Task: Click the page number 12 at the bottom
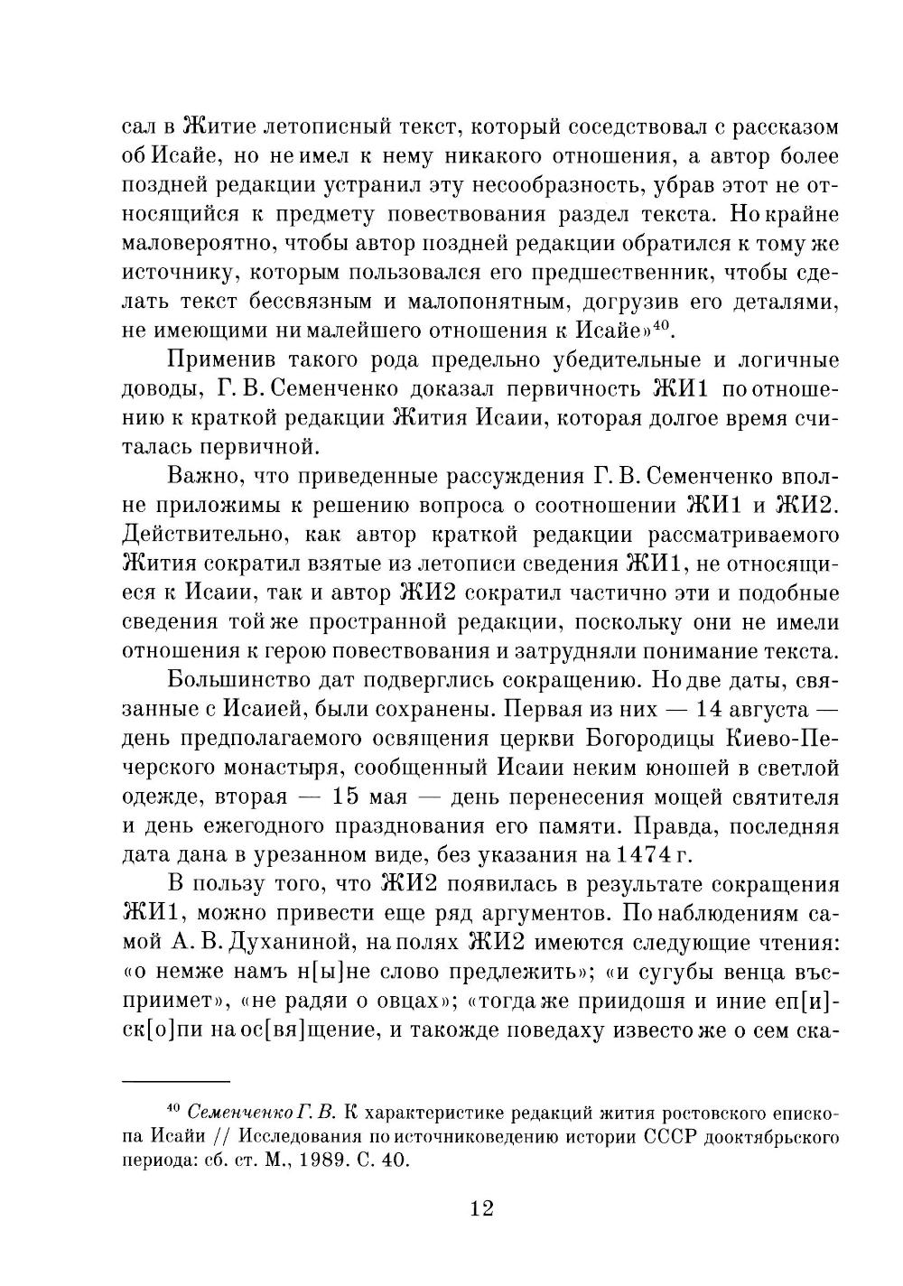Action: point(481,1208)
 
